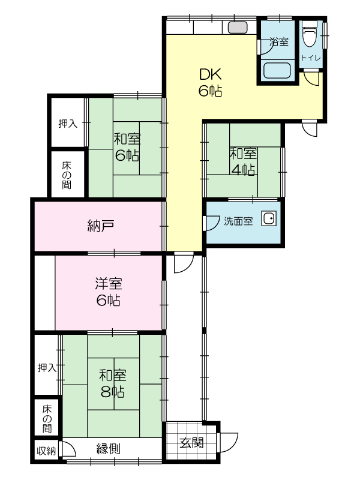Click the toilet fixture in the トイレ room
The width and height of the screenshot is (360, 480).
point(308,34)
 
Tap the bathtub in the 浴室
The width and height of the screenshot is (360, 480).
point(277,70)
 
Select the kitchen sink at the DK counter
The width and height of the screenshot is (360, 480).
point(238,28)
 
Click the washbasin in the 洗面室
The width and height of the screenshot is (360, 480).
point(269,218)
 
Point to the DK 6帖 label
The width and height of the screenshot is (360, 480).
point(210,82)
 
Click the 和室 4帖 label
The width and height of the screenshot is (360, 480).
point(243,161)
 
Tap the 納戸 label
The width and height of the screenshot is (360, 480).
point(101,226)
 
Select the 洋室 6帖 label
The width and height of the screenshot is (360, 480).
point(109,292)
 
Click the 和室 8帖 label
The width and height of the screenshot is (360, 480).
point(113,383)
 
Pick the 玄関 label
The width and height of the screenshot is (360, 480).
point(191,443)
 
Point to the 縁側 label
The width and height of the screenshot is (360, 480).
point(109,449)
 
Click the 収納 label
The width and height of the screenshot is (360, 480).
point(46,451)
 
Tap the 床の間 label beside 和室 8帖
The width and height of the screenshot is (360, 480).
point(47,418)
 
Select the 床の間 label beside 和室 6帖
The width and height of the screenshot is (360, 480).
point(67,175)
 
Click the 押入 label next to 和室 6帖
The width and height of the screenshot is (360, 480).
point(68,124)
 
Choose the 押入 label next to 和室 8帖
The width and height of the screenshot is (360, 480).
point(47,368)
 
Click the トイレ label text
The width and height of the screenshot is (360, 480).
point(310,58)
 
